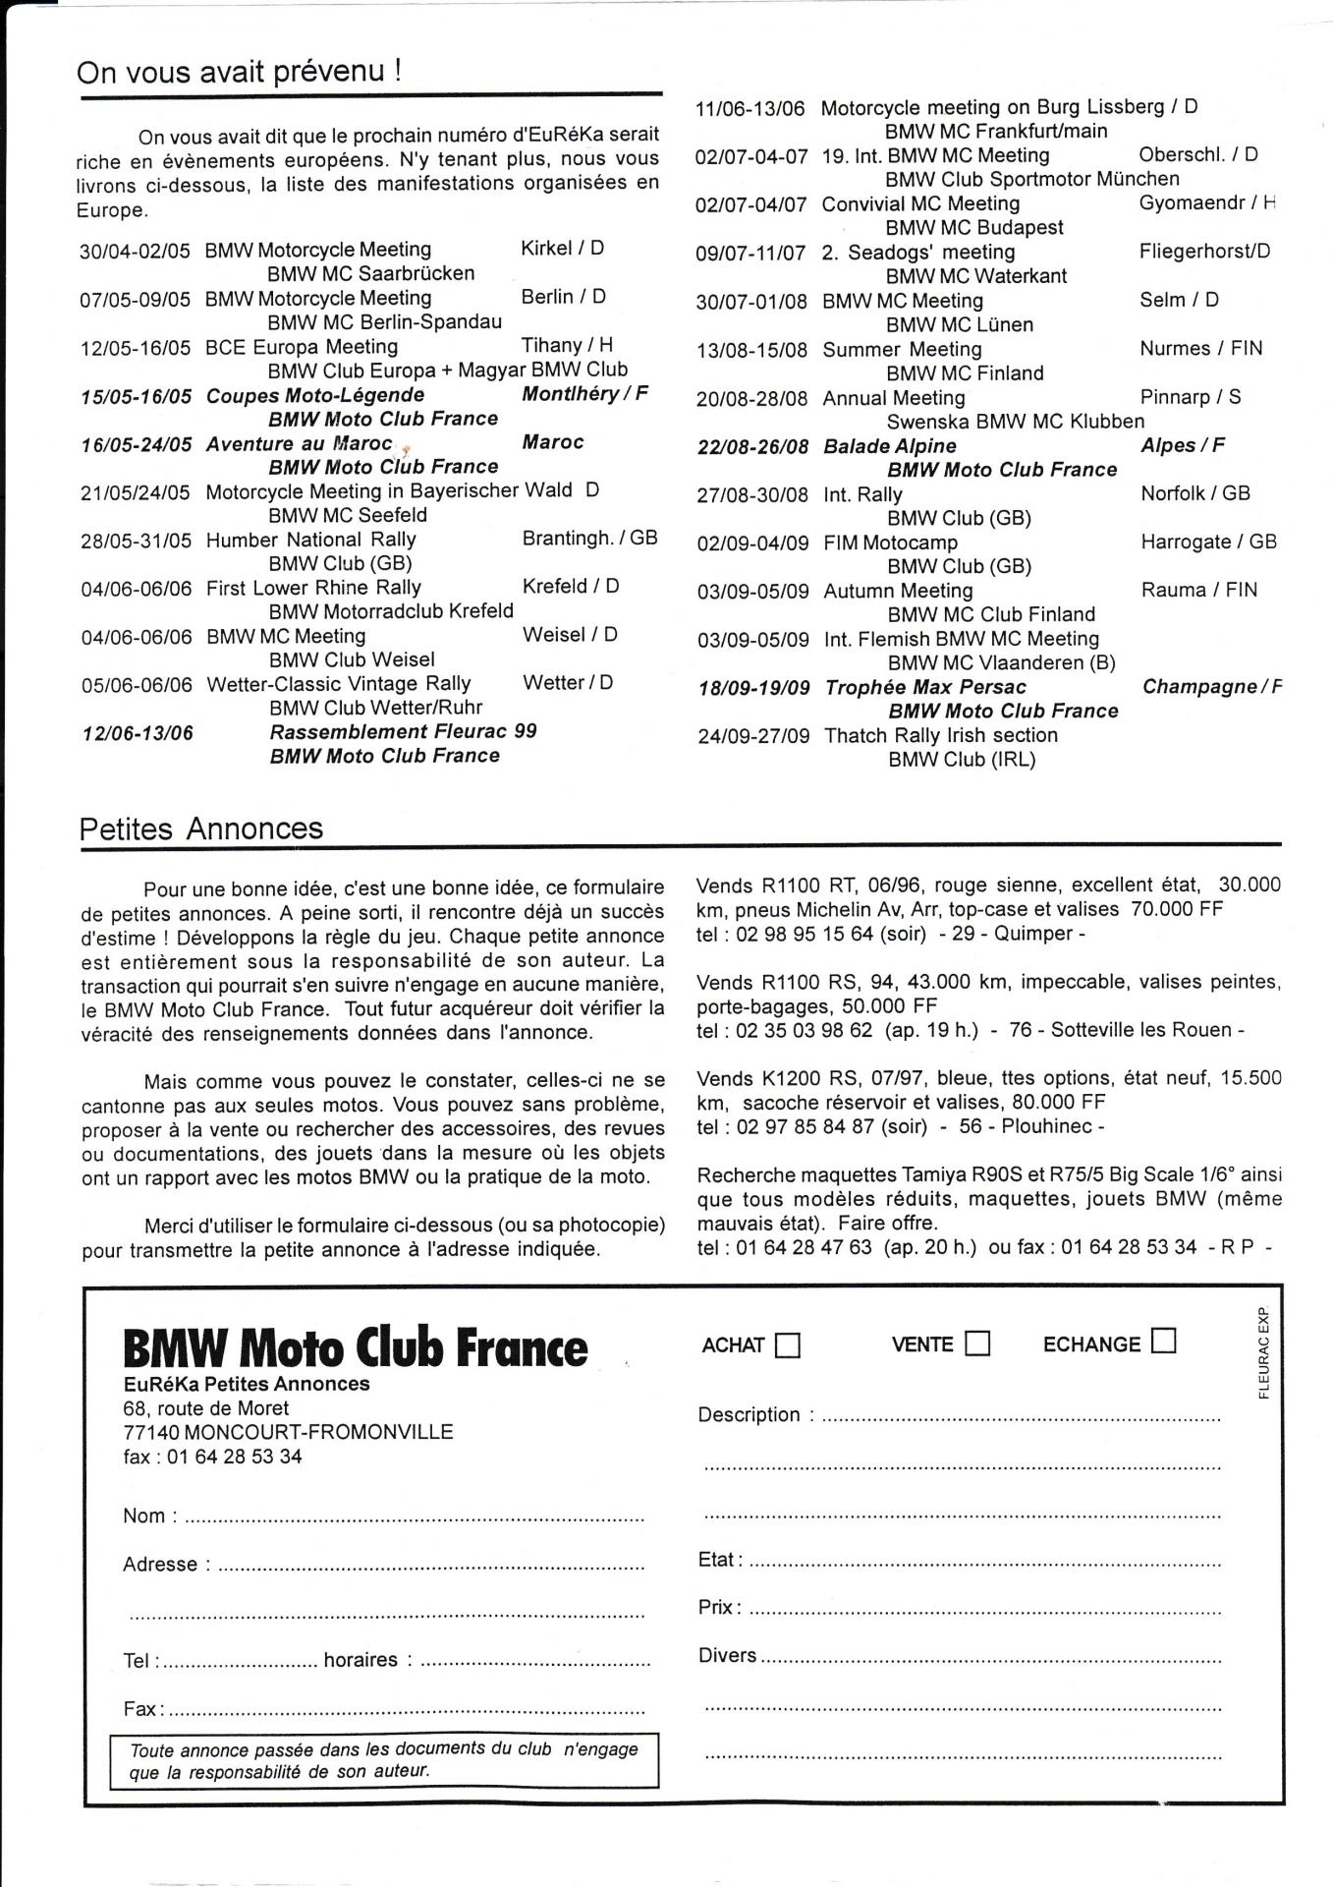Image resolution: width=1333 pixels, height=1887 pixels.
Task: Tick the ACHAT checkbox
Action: [x=788, y=1344]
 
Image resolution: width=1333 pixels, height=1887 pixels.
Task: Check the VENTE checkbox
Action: [x=977, y=1344]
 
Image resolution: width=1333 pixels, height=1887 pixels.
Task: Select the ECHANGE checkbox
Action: [x=1164, y=1341]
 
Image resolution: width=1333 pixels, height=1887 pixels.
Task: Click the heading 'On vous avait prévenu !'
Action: [x=239, y=72]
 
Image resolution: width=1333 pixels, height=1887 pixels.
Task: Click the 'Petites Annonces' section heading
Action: [x=201, y=829]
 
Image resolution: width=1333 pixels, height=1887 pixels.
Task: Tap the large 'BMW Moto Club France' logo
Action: [x=356, y=1347]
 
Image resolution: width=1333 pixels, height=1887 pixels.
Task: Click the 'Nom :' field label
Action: [x=149, y=1515]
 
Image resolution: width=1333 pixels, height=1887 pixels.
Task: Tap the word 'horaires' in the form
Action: [x=361, y=1660]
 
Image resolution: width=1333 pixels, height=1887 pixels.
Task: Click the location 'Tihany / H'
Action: [x=567, y=345]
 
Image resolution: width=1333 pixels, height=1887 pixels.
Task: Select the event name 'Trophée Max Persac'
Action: [x=925, y=687]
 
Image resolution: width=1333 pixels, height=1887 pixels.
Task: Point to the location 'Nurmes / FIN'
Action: [x=1201, y=349]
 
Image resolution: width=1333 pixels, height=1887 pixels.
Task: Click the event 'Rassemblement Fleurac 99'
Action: [x=403, y=732]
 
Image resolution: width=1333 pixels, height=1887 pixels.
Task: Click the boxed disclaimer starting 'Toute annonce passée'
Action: [x=384, y=1759]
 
